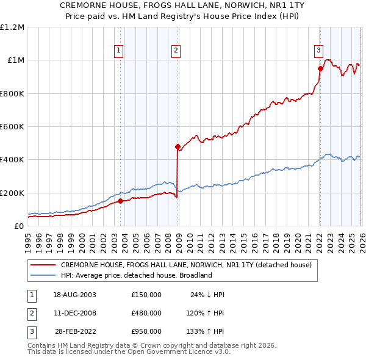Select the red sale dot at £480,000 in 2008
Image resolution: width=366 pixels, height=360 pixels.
178,146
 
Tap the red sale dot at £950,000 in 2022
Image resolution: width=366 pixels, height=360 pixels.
320,69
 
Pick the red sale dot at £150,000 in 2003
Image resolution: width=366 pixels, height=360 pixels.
120,201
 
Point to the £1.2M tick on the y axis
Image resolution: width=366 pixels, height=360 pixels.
12,27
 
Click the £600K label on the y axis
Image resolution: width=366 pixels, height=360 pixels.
12,127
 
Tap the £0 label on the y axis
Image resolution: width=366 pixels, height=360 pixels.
18,226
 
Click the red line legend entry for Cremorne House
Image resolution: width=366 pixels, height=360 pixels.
186,265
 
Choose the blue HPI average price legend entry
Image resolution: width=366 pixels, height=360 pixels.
135,275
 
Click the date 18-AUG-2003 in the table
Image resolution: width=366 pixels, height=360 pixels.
74,295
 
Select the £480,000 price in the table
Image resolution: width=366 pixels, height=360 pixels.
146,312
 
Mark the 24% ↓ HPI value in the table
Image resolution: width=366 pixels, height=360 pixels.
207,295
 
